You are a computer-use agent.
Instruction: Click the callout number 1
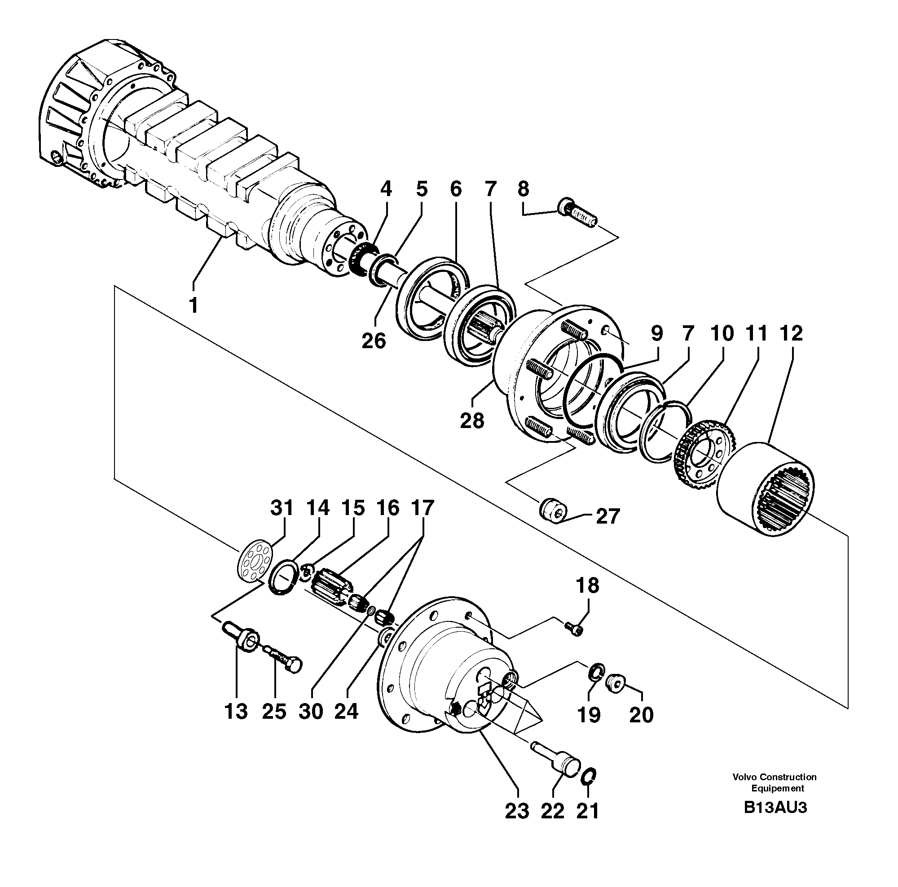(x=194, y=306)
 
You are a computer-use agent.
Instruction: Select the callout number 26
(x=374, y=341)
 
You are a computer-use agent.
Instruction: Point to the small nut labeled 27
(x=553, y=511)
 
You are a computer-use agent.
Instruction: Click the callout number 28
(x=472, y=421)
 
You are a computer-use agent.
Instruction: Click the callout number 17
(x=422, y=508)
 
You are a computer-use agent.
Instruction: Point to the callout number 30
(x=311, y=711)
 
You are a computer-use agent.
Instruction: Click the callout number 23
(x=517, y=811)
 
